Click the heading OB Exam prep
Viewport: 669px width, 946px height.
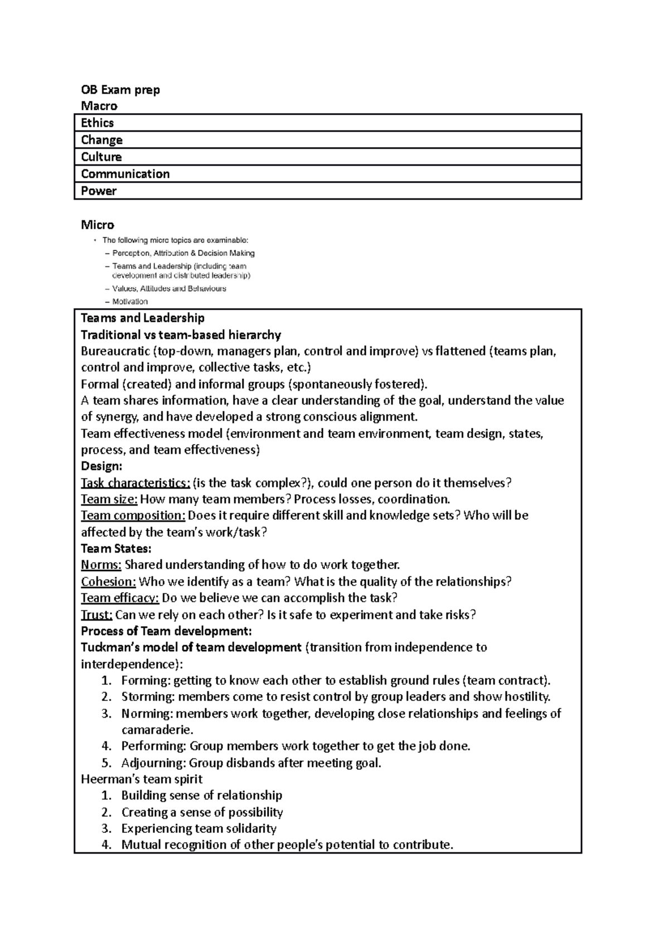click(x=120, y=90)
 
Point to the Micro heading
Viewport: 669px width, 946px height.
click(x=98, y=225)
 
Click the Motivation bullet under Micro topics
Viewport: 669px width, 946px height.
click(x=130, y=301)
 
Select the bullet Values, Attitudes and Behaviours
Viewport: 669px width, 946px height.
click(x=169, y=289)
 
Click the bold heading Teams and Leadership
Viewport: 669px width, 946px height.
click(x=143, y=318)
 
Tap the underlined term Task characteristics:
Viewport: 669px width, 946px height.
click(x=135, y=482)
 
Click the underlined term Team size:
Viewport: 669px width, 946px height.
click(x=109, y=499)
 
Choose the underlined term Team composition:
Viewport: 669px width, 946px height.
click(x=133, y=515)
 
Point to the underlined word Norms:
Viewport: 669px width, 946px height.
click(x=101, y=564)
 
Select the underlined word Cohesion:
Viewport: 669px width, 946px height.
click(x=108, y=581)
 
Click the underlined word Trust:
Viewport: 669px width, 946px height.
click(x=96, y=615)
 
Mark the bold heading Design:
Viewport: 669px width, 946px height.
click(x=101, y=466)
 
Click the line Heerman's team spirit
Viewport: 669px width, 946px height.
click(x=142, y=779)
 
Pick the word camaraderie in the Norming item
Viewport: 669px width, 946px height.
click(x=156, y=729)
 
